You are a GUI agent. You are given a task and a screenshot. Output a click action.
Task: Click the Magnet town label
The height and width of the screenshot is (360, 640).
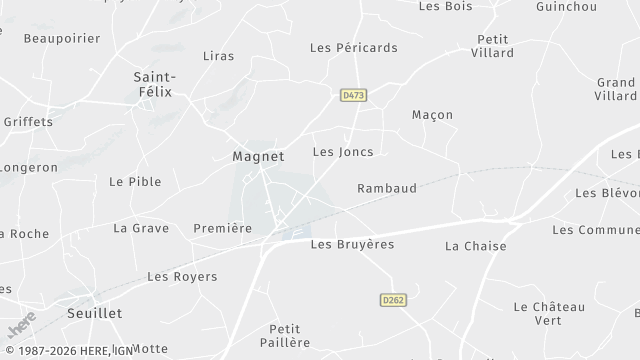(258, 156)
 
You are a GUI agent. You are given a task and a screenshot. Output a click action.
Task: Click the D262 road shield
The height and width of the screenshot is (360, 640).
(392, 299)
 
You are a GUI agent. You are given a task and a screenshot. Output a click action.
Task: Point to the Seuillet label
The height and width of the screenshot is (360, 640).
(94, 313)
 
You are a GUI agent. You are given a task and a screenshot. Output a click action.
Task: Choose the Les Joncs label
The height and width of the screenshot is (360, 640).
(343, 152)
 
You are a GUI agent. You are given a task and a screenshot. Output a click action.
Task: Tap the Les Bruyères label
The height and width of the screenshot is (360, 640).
(352, 244)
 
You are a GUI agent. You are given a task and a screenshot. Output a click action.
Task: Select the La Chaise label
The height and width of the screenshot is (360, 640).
(476, 246)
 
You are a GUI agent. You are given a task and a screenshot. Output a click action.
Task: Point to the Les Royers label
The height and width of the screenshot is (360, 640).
(182, 276)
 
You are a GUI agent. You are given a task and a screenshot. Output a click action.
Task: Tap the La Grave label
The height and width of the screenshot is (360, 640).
(141, 228)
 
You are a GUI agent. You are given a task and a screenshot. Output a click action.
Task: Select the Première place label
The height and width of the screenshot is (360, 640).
(222, 228)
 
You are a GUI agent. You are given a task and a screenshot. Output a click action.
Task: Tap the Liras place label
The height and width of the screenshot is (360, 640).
(218, 56)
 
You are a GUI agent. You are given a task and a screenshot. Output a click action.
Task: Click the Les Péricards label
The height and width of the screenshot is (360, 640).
(354, 47)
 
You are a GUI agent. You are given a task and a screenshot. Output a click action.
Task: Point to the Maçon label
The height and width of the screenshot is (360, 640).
(432, 115)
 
